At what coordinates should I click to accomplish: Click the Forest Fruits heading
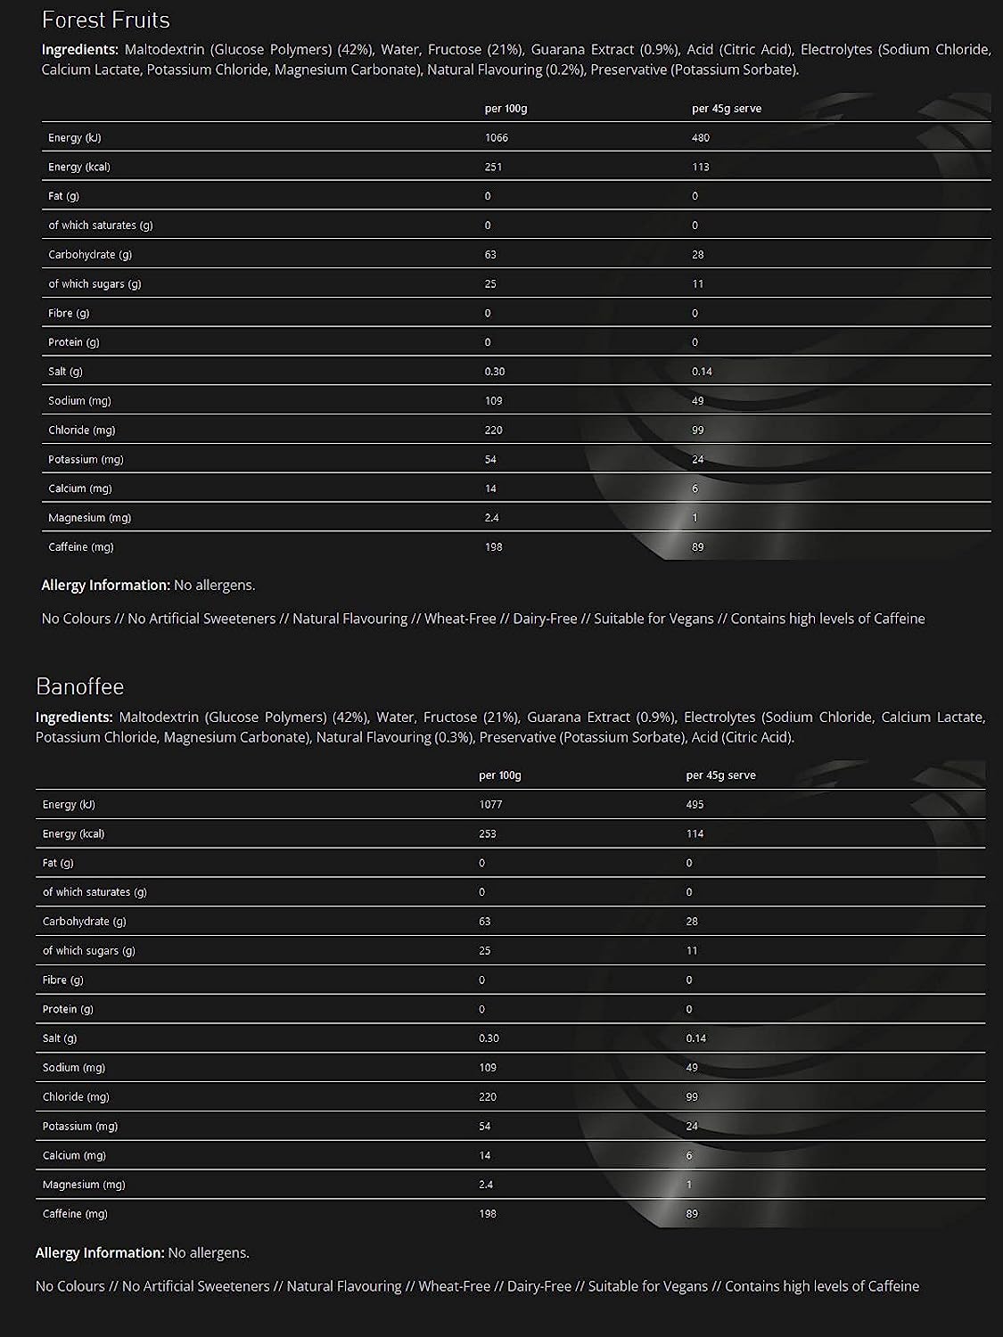(x=106, y=20)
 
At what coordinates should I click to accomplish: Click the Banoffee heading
(x=80, y=686)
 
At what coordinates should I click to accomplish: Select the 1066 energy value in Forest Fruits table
(x=497, y=138)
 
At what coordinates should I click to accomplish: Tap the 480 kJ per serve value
(x=701, y=138)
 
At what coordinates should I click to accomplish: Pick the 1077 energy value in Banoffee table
(x=490, y=805)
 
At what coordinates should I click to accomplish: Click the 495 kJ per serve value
(x=695, y=805)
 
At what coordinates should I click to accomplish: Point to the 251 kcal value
(x=494, y=168)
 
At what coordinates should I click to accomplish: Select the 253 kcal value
(x=488, y=834)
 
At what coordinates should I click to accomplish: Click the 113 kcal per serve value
(x=701, y=168)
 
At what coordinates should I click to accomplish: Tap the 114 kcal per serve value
(x=695, y=834)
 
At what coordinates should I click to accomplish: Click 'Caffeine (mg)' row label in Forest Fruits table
(x=81, y=547)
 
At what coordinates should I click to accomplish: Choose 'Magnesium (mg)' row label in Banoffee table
(x=84, y=1185)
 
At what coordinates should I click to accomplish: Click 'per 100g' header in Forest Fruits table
(x=506, y=109)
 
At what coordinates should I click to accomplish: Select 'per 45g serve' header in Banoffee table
(x=721, y=775)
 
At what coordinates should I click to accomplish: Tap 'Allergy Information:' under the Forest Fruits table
(x=105, y=586)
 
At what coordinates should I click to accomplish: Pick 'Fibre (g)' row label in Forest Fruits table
(x=69, y=314)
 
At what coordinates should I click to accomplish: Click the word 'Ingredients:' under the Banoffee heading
(x=74, y=718)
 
